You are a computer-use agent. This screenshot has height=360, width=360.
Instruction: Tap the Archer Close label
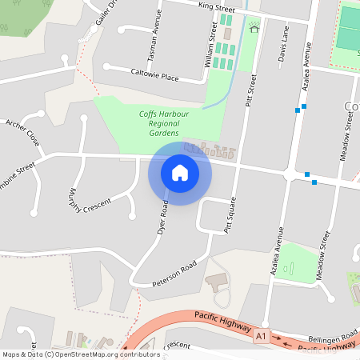[22, 132]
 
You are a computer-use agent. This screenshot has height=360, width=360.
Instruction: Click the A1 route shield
[261, 338]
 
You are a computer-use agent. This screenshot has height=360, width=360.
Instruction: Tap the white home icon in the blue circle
[180, 173]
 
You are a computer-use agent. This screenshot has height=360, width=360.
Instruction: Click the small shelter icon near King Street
[255, 29]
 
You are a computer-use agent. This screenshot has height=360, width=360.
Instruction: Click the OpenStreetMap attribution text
[81, 354]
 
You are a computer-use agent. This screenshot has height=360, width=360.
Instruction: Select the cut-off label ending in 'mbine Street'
[18, 170]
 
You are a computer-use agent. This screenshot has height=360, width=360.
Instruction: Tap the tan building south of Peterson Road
[217, 283]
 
